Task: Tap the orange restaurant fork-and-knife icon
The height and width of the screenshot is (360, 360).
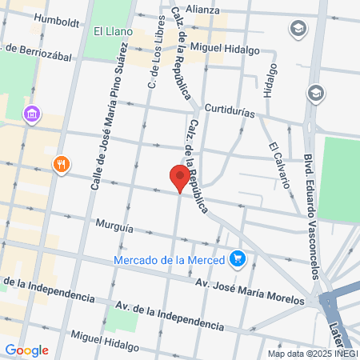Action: click(x=62, y=165)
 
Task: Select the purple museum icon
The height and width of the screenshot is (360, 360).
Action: click(x=31, y=114)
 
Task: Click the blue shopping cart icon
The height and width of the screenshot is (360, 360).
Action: click(x=237, y=258)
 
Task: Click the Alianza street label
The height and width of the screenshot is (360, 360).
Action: click(x=203, y=9)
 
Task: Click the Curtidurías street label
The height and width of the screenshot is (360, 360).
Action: click(x=230, y=110)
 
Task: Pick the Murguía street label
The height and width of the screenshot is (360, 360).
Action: click(x=113, y=227)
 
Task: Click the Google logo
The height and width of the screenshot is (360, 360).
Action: click(x=26, y=350)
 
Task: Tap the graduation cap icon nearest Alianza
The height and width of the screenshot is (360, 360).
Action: click(x=298, y=30)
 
